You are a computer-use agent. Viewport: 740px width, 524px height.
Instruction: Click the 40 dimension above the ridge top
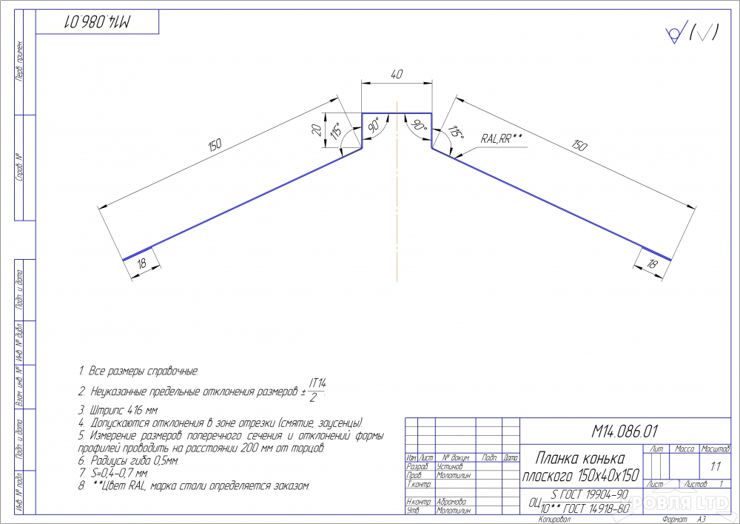point(397,74)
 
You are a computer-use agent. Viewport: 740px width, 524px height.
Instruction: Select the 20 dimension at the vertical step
point(317,130)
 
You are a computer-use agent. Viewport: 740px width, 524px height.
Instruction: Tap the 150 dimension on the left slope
point(215,146)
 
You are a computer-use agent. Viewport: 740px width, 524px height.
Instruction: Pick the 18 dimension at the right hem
point(653,264)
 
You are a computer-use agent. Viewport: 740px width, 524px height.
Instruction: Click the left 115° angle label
point(336,131)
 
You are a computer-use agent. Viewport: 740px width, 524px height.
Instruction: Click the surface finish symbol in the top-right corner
point(693,33)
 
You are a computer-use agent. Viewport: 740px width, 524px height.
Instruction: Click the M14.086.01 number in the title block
point(625,431)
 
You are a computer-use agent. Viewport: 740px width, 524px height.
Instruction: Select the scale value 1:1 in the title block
point(716,467)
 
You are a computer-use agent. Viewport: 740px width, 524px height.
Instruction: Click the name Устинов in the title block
point(450,466)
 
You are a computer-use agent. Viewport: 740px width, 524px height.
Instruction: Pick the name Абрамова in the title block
point(451,502)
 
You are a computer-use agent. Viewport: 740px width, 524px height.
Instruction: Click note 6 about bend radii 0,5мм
point(129,460)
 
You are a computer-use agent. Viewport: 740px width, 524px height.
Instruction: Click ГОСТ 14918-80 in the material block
point(596,508)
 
